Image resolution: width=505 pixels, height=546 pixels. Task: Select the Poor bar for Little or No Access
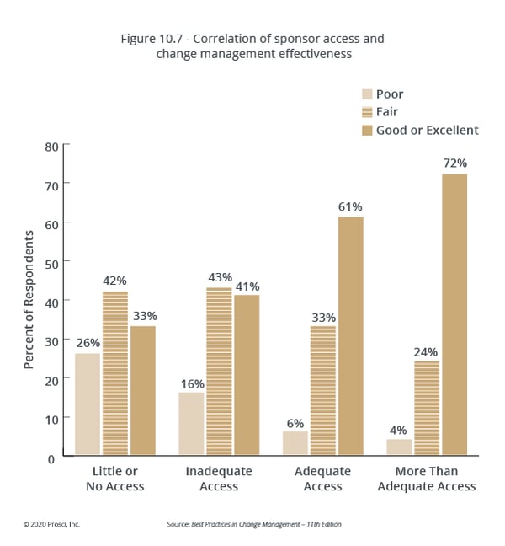click(88, 405)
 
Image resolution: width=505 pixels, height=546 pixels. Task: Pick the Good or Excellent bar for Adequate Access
click(350, 337)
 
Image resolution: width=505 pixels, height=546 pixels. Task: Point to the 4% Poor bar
click(400, 447)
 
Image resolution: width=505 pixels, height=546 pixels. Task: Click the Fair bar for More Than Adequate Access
click(428, 409)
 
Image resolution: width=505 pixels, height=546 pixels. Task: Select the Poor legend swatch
click(367, 94)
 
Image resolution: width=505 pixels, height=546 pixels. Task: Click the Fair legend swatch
click(367, 112)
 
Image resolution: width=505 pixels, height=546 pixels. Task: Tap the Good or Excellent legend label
click(427, 130)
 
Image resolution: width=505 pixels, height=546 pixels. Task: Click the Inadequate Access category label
click(218, 479)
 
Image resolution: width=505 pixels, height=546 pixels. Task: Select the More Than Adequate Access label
click(427, 479)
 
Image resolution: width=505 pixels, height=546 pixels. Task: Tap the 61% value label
click(350, 206)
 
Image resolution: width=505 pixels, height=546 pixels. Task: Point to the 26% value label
click(88, 343)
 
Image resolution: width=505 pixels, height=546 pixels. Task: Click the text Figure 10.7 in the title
click(158, 39)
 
